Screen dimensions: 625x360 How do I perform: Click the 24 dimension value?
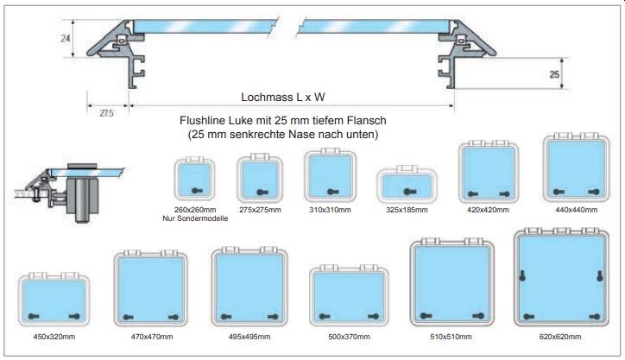[x=66, y=38]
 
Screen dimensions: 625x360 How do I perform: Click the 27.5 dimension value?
[x=106, y=113]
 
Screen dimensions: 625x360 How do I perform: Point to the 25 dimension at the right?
[x=554, y=74]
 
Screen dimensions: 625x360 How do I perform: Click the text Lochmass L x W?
[x=283, y=97]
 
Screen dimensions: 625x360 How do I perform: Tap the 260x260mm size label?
[x=195, y=210]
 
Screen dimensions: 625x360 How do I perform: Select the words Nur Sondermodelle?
[x=195, y=218]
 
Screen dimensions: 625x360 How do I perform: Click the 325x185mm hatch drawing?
[x=407, y=184]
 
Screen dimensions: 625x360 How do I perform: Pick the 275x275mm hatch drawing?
[x=260, y=178]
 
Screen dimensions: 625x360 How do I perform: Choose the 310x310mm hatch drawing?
[x=330, y=175]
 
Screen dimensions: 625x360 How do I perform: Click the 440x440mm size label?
[x=577, y=210]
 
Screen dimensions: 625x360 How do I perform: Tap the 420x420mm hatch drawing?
[x=489, y=172]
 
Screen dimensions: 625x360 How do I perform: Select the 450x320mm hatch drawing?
[x=54, y=299]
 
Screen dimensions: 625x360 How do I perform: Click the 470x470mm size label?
[x=152, y=337]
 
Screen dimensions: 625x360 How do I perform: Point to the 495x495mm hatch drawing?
[x=249, y=287]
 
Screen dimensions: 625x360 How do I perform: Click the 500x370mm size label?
[x=349, y=337]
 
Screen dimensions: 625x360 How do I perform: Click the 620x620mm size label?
[x=560, y=337]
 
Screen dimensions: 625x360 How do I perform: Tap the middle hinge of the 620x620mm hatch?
[x=561, y=231]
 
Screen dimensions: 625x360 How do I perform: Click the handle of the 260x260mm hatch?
[x=197, y=191]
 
